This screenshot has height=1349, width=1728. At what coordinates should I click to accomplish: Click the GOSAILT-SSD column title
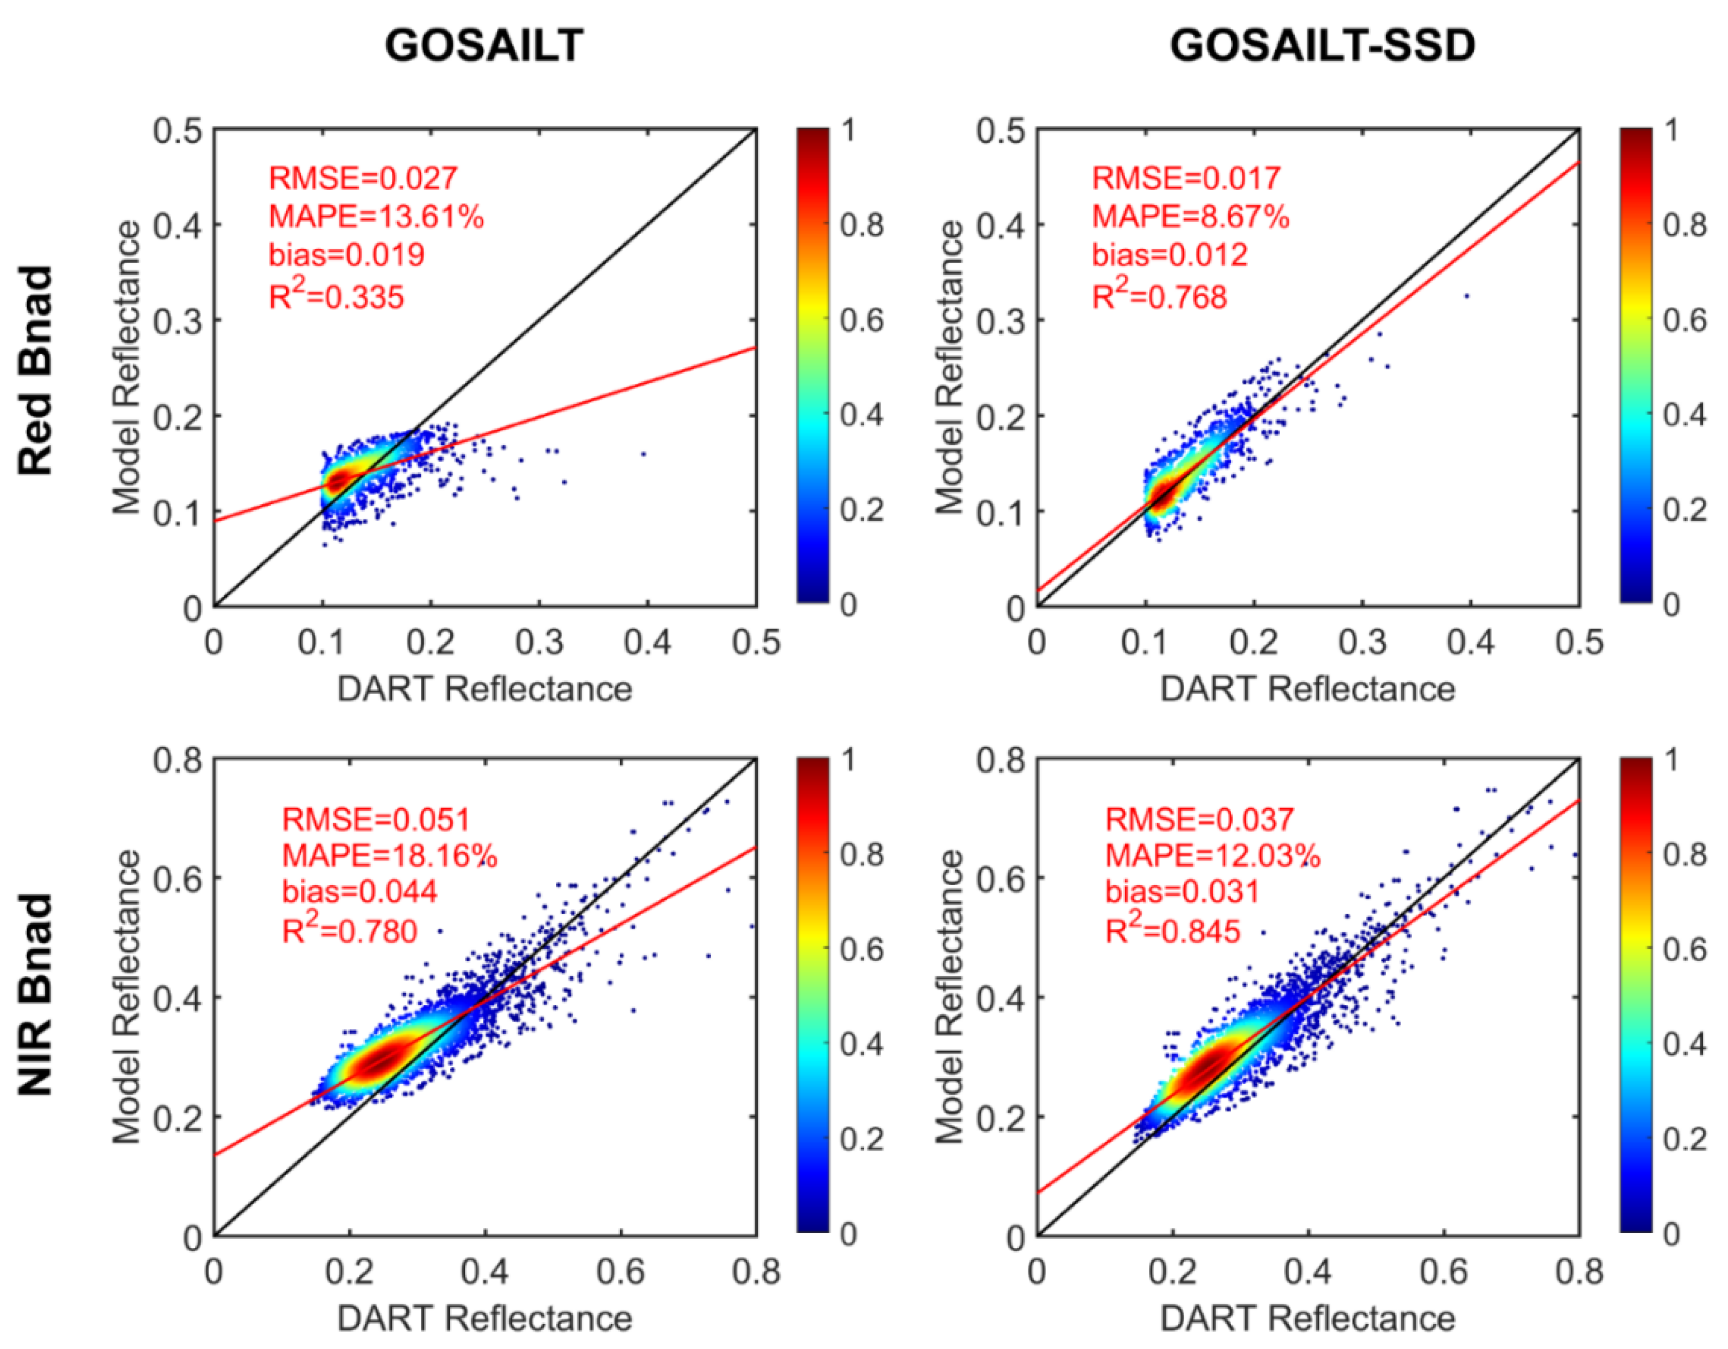1322,46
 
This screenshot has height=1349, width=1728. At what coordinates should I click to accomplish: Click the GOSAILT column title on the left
483,46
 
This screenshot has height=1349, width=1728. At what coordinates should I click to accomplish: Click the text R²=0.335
336,297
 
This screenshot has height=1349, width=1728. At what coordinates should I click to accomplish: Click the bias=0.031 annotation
1181,892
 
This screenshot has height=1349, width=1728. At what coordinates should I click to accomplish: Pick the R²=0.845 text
1172,930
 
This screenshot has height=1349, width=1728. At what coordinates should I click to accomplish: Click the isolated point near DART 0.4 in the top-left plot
643,454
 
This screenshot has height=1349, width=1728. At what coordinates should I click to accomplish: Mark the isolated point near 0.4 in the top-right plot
1466,296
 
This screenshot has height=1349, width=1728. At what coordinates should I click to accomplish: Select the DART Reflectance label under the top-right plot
1307,689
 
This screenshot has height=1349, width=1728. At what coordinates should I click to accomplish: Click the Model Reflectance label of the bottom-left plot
127,997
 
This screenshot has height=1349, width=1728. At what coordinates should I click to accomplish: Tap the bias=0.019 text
346,255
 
